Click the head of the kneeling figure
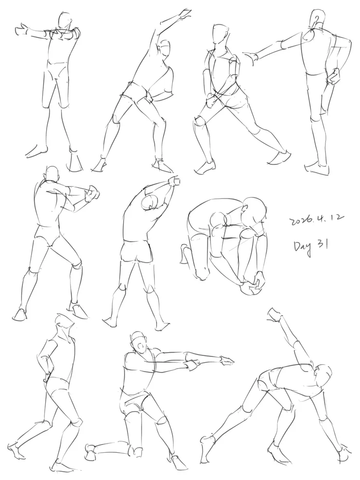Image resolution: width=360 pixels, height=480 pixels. (138, 342)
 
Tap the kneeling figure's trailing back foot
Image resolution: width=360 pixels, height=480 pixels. (91, 450)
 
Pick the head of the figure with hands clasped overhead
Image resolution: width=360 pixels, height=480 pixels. (150, 202)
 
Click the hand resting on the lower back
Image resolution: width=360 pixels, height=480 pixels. (333, 76)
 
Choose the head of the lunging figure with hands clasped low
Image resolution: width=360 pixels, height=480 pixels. (220, 35)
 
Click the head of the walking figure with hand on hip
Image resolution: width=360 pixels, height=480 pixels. (64, 324)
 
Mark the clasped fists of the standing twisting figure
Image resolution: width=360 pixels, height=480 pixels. (92, 195)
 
